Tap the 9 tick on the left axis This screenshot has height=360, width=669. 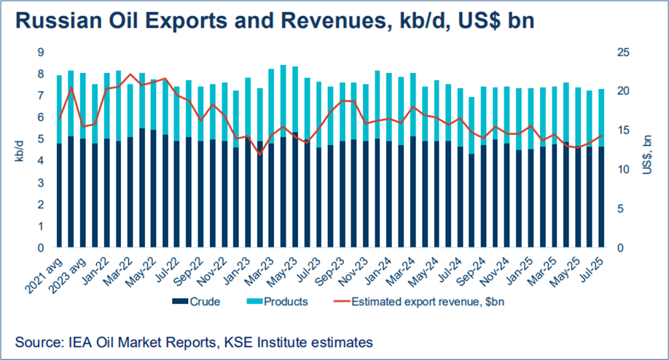click(x=40, y=52)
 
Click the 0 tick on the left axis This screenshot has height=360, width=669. click(x=40, y=249)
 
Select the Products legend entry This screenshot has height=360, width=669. click(x=281, y=301)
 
